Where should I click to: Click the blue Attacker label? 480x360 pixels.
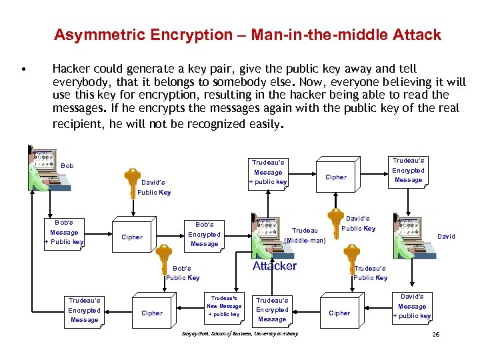pos(274,266)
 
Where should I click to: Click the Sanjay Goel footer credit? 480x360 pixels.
pos(239,333)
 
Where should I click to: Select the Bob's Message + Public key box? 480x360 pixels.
pos(64,232)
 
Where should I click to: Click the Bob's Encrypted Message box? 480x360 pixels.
pos(204,234)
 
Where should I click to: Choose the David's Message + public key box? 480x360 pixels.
pos(412,306)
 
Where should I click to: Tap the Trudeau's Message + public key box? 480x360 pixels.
pos(268,172)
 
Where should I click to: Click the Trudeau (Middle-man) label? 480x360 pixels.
pos(305,235)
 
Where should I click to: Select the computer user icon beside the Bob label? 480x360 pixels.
pos(43,169)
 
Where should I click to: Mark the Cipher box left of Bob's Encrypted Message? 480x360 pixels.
pos(132,237)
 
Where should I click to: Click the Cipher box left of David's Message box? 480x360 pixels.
pos(339,313)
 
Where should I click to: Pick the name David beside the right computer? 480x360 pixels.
pos(446,236)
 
